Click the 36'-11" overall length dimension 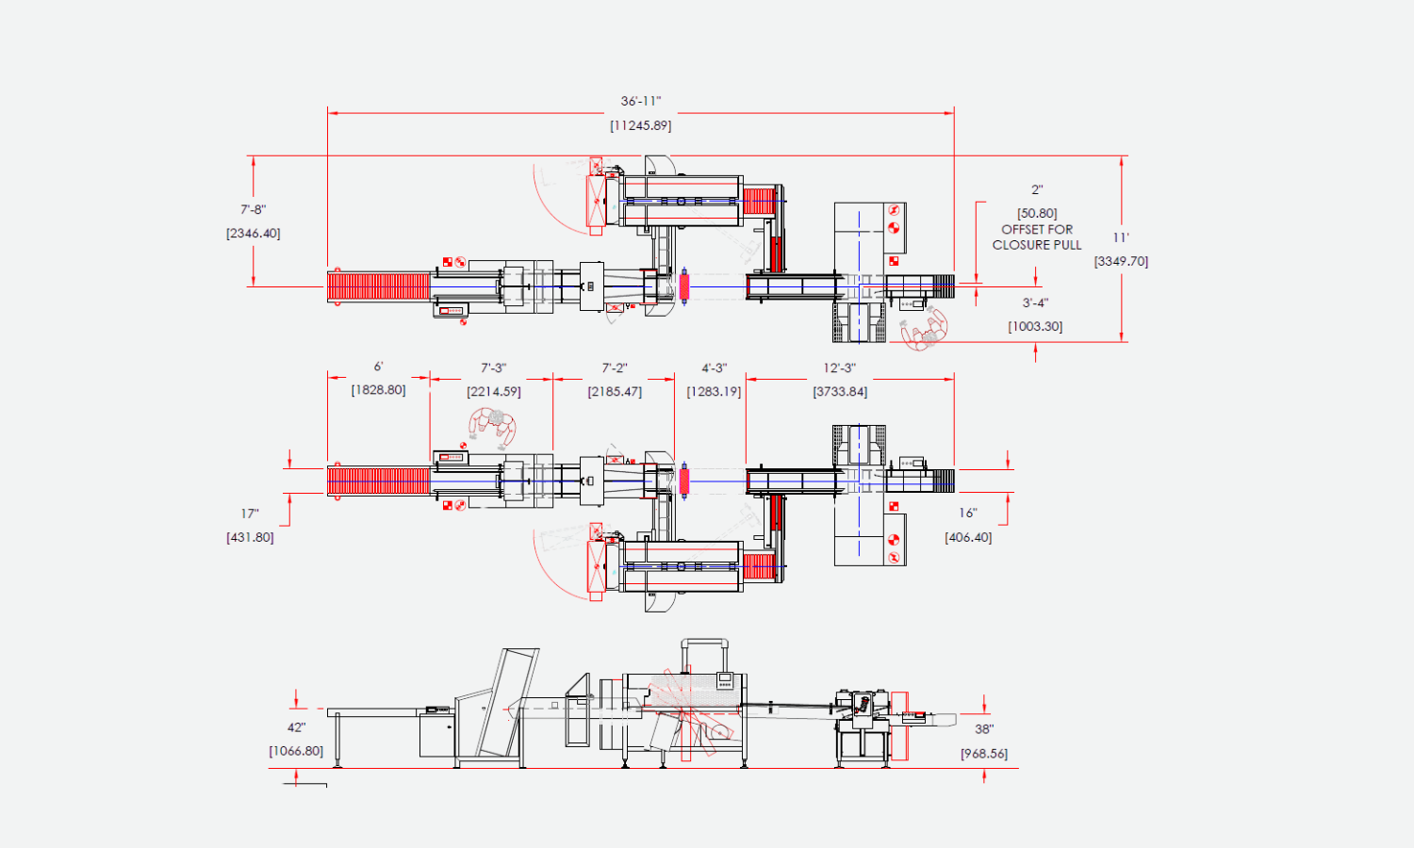click(x=641, y=101)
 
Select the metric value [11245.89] click(x=641, y=125)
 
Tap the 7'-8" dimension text click(x=254, y=209)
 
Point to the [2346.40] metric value click(x=254, y=234)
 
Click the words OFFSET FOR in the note click(x=1037, y=230)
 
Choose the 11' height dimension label click(x=1121, y=237)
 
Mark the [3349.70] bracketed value click(x=1121, y=261)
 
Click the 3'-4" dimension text click(x=1035, y=302)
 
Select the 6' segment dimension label click(x=378, y=367)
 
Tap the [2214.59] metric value click(x=494, y=392)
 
